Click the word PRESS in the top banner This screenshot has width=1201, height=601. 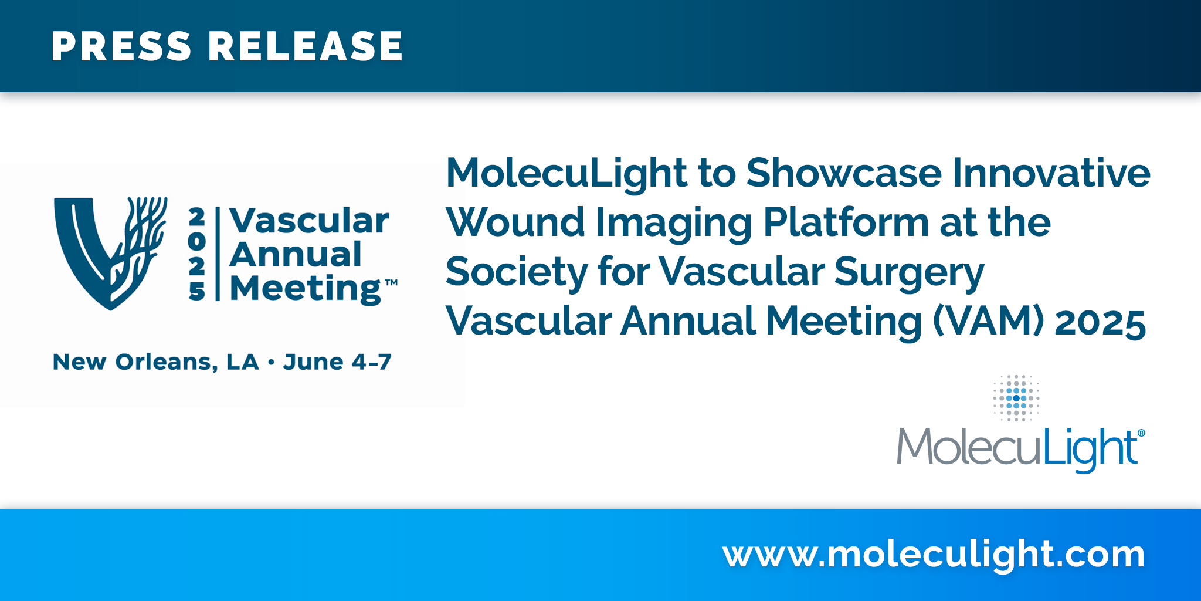pyautogui.click(x=121, y=46)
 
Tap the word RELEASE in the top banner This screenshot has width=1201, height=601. pyautogui.click(x=306, y=46)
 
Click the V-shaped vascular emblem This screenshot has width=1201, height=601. pyautogui.click(x=110, y=253)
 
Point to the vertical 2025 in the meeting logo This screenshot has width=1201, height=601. pyautogui.click(x=197, y=254)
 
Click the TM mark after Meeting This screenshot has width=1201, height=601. pyautogui.click(x=391, y=283)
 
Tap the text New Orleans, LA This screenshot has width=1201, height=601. pyautogui.click(x=156, y=362)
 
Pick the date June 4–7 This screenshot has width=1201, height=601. pyautogui.click(x=337, y=362)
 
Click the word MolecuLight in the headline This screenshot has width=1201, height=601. pyautogui.click(x=566, y=174)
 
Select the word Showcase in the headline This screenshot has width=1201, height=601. pyautogui.click(x=844, y=173)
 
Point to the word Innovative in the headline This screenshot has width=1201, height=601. pyautogui.click(x=1051, y=173)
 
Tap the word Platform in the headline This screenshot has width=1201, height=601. pyautogui.click(x=846, y=224)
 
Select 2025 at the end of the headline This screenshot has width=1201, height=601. pyautogui.click(x=1100, y=322)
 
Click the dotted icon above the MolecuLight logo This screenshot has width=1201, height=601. pyautogui.click(x=1016, y=398)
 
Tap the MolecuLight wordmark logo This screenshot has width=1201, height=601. pyautogui.click(x=1020, y=448)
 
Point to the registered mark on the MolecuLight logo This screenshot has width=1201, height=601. pyautogui.click(x=1141, y=433)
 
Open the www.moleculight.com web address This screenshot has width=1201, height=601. pyautogui.click(x=934, y=554)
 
